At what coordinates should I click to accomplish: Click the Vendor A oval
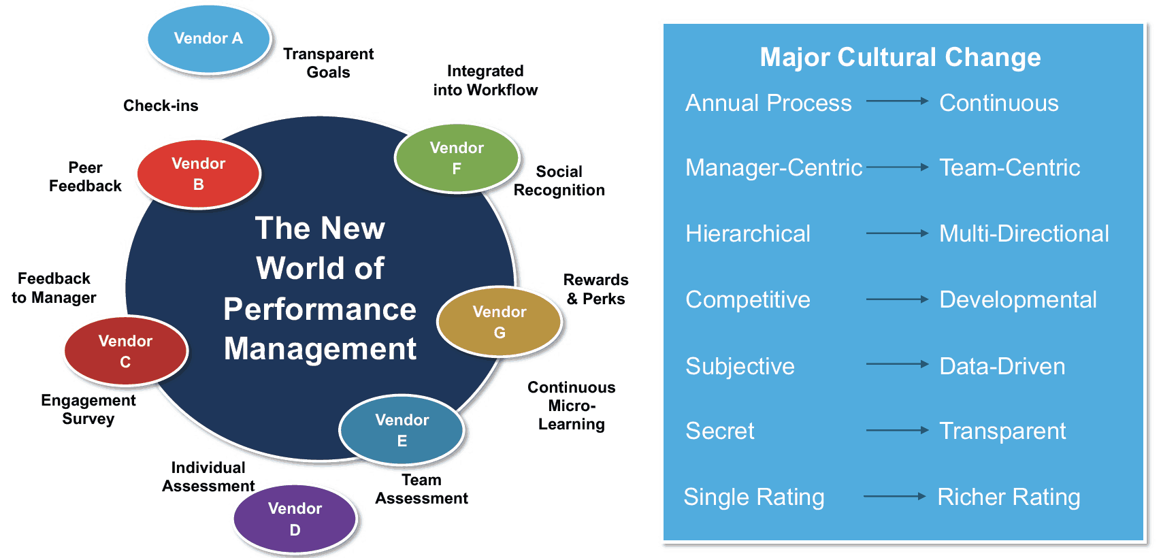(x=209, y=39)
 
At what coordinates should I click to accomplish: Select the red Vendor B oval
(x=198, y=174)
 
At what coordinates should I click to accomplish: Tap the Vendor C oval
(x=125, y=351)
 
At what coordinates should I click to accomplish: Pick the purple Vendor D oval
(x=295, y=519)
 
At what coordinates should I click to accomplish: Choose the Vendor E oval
(x=402, y=430)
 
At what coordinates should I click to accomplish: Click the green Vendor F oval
(x=457, y=158)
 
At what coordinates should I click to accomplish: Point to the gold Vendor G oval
(x=500, y=322)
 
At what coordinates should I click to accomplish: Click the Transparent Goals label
(x=328, y=63)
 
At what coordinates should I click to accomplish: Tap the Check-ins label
(x=161, y=105)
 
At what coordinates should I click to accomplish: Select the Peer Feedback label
(x=85, y=177)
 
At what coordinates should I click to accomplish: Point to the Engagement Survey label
(x=88, y=410)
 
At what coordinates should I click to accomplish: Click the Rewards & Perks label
(x=595, y=289)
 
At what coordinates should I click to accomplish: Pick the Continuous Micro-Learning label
(x=572, y=406)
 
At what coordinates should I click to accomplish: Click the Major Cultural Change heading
(x=900, y=57)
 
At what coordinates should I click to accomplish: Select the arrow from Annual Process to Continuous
(x=896, y=101)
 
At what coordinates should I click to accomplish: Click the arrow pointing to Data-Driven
(x=896, y=365)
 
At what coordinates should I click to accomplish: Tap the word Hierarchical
(x=748, y=234)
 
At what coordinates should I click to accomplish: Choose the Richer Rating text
(x=1009, y=497)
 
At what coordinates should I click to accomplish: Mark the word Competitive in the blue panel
(x=748, y=300)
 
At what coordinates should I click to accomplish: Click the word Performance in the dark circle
(x=320, y=310)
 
